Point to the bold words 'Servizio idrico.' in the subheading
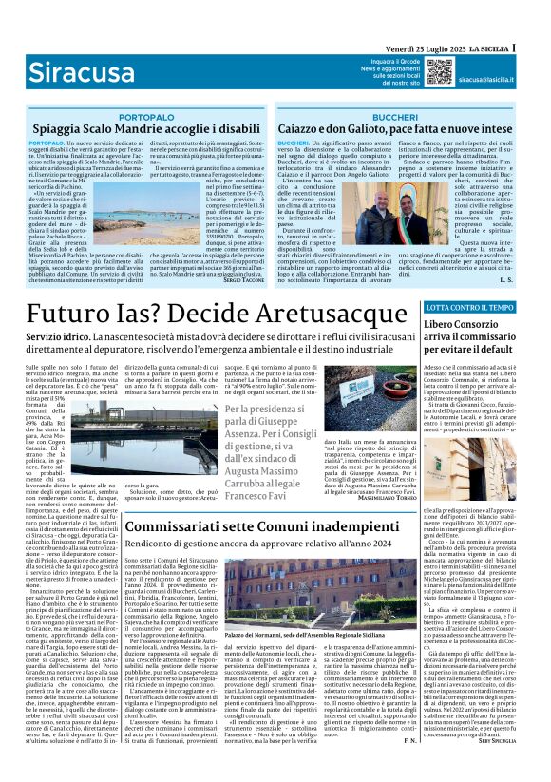click(x=51, y=339)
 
